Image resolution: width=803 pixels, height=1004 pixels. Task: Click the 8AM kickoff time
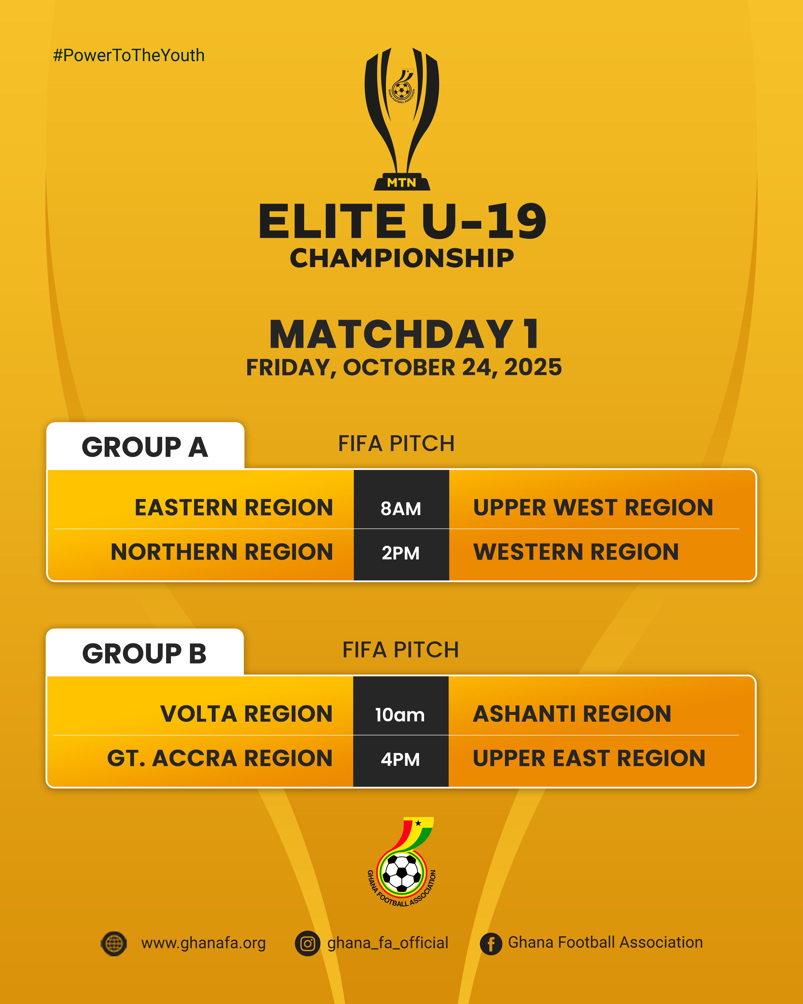coord(401,509)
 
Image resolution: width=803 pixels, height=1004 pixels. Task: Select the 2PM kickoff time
coord(401,553)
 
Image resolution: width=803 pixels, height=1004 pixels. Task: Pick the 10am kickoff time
coord(400,715)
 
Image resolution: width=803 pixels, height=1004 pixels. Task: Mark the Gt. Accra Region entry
coord(220,758)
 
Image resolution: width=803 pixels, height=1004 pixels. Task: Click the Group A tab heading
coord(145,447)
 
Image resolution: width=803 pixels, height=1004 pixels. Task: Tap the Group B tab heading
coord(144,653)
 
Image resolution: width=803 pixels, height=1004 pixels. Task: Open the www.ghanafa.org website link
coord(204,943)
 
